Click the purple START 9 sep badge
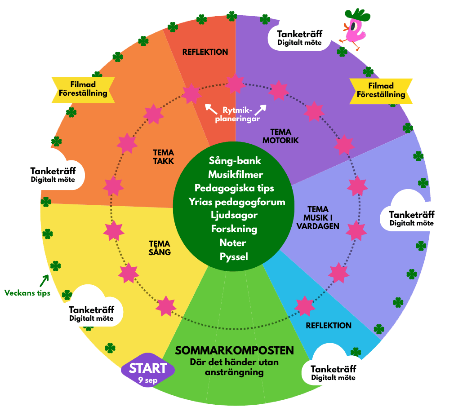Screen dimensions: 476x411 click(148, 370)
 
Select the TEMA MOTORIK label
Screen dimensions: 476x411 click(280, 136)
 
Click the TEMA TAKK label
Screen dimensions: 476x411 click(163, 157)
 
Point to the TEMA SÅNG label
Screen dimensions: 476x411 click(160, 248)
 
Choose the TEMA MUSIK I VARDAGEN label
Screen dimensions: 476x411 click(318, 218)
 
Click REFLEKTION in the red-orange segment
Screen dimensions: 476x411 click(205, 52)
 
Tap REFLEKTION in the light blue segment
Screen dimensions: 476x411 click(329, 326)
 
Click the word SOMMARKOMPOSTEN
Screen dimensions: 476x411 click(234, 351)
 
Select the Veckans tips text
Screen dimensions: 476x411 click(27, 293)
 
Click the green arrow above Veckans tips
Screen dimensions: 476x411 click(44, 281)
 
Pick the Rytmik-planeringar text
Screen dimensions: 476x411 click(237, 115)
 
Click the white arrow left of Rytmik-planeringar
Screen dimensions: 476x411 click(211, 109)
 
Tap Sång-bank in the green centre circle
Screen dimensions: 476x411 click(235, 161)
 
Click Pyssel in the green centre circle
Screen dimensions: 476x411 click(234, 257)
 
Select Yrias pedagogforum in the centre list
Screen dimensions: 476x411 click(237, 202)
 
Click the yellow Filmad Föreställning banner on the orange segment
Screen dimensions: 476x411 click(83, 90)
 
